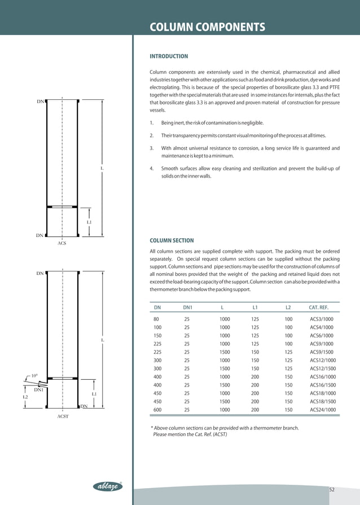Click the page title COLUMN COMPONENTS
(x=207, y=27)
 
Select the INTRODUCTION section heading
(x=168, y=56)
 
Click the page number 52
(x=332, y=489)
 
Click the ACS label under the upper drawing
(x=62, y=243)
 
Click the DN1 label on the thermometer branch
(x=39, y=390)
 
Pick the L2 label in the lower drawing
(x=25, y=397)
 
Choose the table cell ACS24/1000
(x=323, y=410)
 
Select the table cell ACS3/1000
(x=322, y=319)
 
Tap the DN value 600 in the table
(x=157, y=410)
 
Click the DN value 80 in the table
(x=156, y=319)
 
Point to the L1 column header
(x=255, y=308)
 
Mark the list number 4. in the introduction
(x=152, y=168)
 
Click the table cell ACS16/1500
(x=323, y=385)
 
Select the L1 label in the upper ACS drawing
(x=89, y=222)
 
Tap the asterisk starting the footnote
(x=152, y=428)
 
